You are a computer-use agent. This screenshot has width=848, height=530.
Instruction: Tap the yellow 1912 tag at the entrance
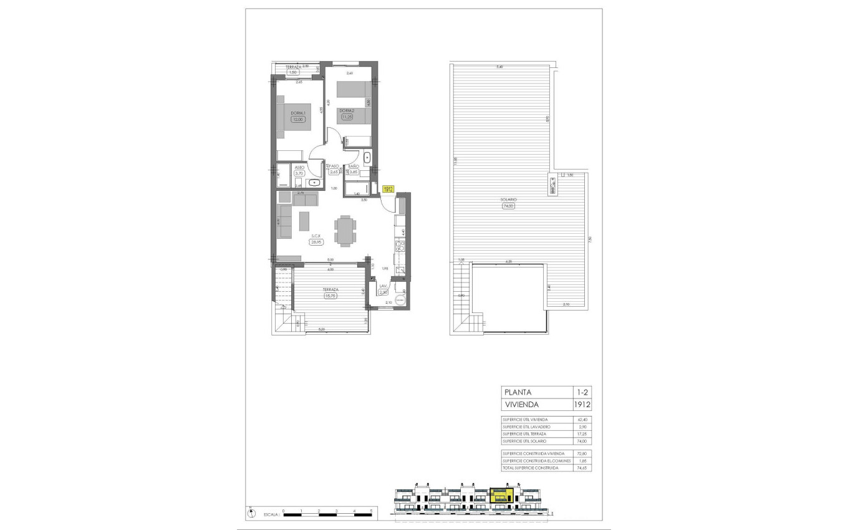point(388,188)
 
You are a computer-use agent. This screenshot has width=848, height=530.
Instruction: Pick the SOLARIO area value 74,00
point(508,206)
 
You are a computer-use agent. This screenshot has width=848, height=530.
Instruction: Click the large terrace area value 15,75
point(330,296)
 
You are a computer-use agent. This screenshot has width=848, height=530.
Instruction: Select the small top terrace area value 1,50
point(293,72)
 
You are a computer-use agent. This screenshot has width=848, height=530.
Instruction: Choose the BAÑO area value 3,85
point(354,172)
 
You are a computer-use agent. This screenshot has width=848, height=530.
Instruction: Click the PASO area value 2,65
point(334,172)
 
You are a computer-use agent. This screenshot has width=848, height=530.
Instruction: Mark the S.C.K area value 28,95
point(317,242)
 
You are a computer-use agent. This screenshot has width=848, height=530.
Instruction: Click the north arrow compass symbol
point(251,513)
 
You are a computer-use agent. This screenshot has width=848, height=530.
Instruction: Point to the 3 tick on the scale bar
point(336,511)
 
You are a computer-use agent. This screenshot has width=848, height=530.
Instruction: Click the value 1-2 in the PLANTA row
point(581,392)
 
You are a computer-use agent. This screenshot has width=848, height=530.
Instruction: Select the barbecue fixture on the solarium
point(552,185)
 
